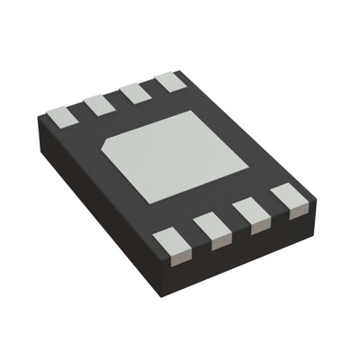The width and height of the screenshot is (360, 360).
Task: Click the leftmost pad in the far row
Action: pos(61,115)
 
